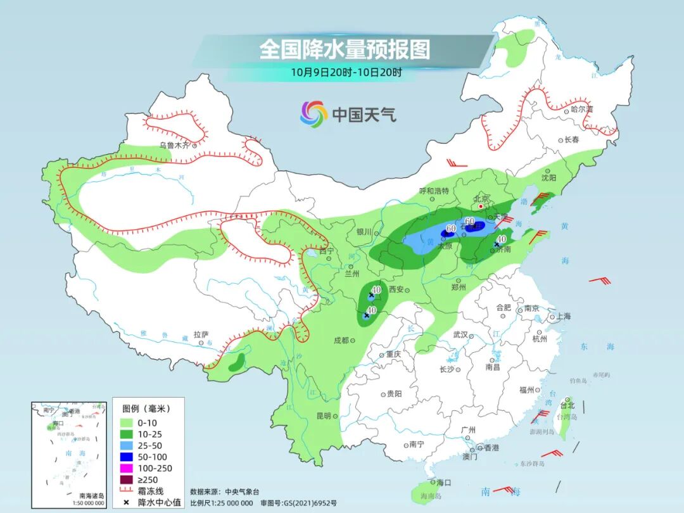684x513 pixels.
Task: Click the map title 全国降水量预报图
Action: (345, 49)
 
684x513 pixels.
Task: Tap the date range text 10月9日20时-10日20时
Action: (346, 72)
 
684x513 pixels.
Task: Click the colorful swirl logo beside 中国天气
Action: (313, 114)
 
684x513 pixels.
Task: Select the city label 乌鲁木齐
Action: (174, 145)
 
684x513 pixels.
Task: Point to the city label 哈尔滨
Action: (581, 110)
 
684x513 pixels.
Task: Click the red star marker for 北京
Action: (481, 206)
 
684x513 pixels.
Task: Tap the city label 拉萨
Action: (201, 334)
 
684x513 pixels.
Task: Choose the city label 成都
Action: (341, 340)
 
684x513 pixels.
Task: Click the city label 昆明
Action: (323, 415)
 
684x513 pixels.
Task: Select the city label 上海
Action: (562, 316)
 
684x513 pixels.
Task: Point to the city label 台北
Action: (567, 405)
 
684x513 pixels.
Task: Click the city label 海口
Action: (444, 483)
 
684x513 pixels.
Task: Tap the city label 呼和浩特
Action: (434, 191)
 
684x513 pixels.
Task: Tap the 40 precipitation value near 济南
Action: (502, 239)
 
